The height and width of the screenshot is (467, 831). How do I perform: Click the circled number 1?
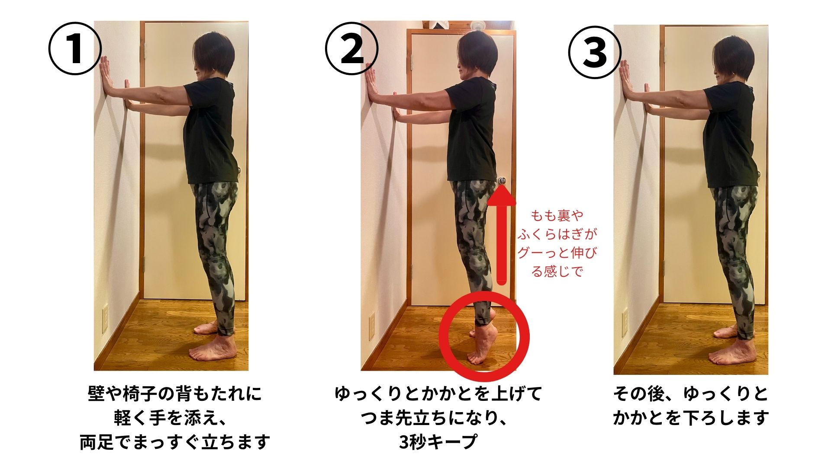[x=74, y=49]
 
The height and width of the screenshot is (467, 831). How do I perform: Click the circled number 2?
[x=351, y=49]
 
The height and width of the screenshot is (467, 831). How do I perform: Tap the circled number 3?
[x=594, y=52]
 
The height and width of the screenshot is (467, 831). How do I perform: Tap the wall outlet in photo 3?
[x=625, y=322]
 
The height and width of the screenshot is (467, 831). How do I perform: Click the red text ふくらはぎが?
[x=557, y=234]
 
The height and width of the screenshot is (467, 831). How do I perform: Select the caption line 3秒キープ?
[x=438, y=442]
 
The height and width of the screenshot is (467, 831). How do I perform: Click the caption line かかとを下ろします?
[x=691, y=418]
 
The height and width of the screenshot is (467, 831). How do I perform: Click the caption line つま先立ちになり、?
[x=438, y=418]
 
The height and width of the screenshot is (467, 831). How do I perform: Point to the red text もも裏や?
[x=557, y=215]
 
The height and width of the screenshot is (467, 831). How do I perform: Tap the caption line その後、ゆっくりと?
[x=691, y=393]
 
